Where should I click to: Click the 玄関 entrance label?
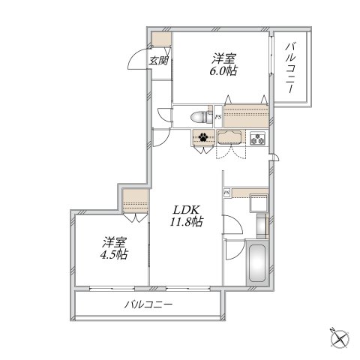tap(158, 61)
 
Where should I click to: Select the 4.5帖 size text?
tap(114, 253)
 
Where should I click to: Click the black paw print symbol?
tap(203, 136)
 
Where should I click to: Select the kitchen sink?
tap(230, 138)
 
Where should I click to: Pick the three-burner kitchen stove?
tap(258, 138)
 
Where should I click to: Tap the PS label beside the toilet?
tap(218, 117)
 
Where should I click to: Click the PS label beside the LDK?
tap(226, 193)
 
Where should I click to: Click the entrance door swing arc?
tap(135, 58)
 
